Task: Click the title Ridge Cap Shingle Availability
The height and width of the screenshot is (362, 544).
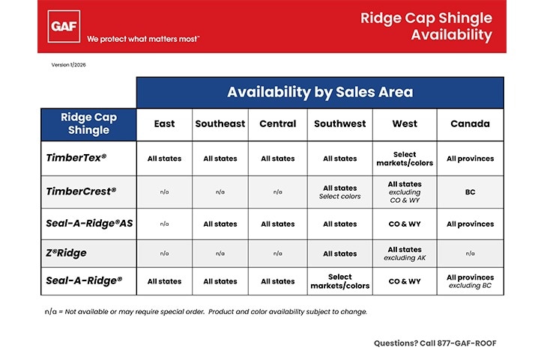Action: (x=426, y=26)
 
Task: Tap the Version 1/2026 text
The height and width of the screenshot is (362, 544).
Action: (x=73, y=65)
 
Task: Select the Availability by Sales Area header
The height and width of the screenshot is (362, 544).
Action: (x=320, y=93)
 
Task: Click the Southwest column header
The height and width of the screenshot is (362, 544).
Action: (x=340, y=123)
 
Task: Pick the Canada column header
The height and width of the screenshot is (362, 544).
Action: (x=470, y=123)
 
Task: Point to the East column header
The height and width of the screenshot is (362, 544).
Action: (x=164, y=123)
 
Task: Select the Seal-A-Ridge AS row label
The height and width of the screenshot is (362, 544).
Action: (x=89, y=223)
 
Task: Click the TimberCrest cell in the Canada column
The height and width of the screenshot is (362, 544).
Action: (x=470, y=192)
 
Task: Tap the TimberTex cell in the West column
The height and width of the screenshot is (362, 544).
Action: (x=405, y=159)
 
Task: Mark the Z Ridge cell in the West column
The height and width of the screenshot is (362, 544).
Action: (x=405, y=254)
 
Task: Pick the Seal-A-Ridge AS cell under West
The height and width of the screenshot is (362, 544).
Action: (x=405, y=224)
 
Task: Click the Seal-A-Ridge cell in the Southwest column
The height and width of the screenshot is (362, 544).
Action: (x=340, y=281)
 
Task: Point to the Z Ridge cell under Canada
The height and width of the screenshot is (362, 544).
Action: (x=470, y=254)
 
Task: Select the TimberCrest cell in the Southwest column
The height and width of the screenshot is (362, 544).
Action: (x=340, y=192)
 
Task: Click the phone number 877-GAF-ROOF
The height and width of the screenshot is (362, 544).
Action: (x=435, y=343)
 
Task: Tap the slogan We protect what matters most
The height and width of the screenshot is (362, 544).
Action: (x=143, y=38)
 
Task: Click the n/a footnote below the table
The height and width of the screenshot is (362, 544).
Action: (x=205, y=311)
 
